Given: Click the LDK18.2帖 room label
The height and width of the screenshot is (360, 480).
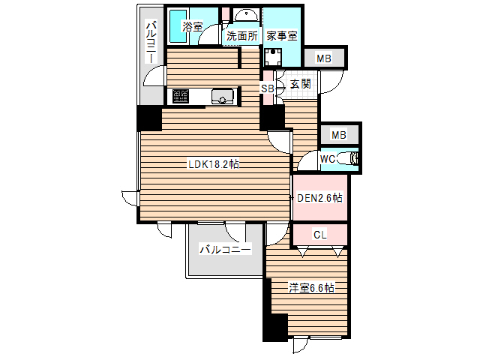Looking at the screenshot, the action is (214, 164).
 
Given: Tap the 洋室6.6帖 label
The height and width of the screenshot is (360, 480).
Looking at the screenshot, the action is (312, 288).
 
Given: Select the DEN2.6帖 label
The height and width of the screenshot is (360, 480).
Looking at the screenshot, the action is (319, 198).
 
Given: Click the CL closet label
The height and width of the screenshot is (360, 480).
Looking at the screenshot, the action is (320, 235).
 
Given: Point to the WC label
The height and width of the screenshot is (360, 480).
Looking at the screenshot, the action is (327, 159).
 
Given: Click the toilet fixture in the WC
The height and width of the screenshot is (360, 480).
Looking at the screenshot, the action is (347, 159).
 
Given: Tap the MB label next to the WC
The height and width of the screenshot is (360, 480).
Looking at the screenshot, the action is (338, 135).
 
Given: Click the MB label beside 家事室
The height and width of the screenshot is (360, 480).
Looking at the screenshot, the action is (323, 58).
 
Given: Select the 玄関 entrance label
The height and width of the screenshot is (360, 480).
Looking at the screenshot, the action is (300, 83).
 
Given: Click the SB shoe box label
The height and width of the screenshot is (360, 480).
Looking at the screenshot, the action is (267, 88).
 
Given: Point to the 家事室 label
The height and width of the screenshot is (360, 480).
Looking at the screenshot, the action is (282, 36).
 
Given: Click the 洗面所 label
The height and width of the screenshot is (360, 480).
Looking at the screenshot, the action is (241, 36).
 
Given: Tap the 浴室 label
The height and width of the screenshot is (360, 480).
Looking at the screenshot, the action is (192, 26).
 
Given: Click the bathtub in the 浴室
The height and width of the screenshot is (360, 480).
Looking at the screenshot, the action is (178, 26).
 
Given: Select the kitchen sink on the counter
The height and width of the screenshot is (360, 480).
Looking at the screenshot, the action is (223, 96).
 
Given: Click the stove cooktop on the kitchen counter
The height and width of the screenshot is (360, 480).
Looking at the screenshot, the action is (180, 96).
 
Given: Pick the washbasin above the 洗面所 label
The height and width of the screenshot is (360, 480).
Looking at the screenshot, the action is (246, 15).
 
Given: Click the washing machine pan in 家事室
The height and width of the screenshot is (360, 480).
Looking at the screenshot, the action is (273, 57).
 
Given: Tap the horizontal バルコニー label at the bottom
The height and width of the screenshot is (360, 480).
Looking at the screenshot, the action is (225, 250).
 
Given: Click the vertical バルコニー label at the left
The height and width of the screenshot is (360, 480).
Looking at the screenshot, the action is (151, 42).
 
